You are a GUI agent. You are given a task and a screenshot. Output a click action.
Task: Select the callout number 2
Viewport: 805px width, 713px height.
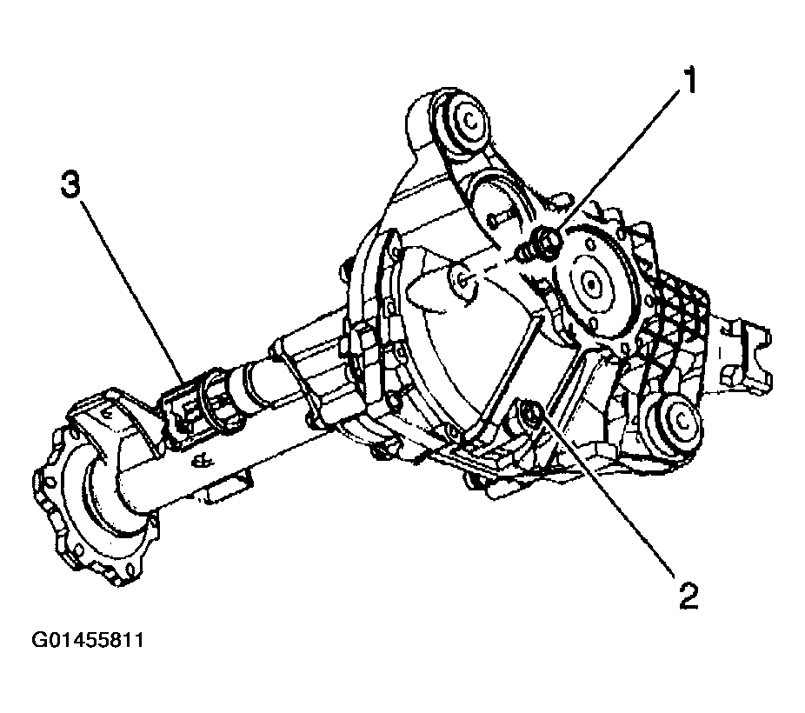[688, 596]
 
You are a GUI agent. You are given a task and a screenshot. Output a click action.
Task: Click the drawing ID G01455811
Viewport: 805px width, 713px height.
[88, 640]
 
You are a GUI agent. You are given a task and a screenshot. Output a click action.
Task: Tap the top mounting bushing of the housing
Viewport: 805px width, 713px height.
[464, 123]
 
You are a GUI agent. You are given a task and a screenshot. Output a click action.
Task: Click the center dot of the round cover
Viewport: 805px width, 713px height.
[591, 283]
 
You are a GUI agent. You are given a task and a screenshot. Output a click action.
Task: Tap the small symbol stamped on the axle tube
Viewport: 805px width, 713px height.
[203, 461]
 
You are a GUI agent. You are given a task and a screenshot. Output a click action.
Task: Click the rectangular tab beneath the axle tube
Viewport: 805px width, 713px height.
[226, 488]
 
